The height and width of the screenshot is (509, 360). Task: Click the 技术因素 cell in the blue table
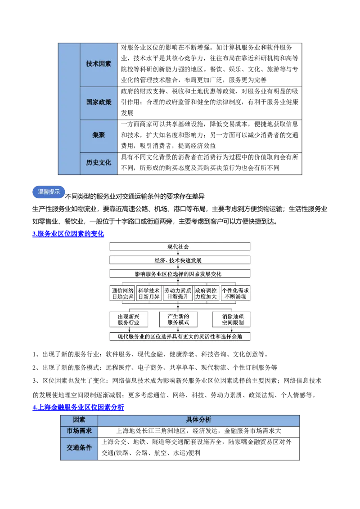click(x=99, y=64)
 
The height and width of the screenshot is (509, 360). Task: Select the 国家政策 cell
click(x=99, y=103)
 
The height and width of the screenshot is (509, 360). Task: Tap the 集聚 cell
click(x=99, y=135)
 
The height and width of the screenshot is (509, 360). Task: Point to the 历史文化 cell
click(x=99, y=162)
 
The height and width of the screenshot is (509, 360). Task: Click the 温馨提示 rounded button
click(x=49, y=192)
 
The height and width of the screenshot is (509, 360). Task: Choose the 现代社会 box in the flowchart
click(x=180, y=247)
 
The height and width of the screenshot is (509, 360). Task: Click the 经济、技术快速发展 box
click(x=180, y=260)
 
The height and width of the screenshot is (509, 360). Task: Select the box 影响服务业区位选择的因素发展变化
click(x=180, y=273)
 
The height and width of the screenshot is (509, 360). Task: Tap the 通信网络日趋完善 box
click(x=122, y=294)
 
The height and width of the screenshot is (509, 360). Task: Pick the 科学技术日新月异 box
click(x=148, y=294)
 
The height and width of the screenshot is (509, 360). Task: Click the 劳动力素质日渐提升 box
click(x=177, y=294)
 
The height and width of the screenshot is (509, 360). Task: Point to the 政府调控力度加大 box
click(x=206, y=294)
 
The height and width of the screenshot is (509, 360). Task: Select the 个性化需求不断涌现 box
click(x=235, y=294)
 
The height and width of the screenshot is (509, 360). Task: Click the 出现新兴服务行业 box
click(x=129, y=319)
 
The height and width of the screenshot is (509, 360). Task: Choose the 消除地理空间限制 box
click(x=231, y=319)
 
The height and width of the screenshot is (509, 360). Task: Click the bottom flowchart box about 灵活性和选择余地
click(x=180, y=336)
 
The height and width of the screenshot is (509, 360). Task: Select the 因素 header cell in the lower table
click(x=79, y=420)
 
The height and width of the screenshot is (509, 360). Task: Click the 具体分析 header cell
click(x=198, y=420)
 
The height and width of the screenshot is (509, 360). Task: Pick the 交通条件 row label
click(x=79, y=448)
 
